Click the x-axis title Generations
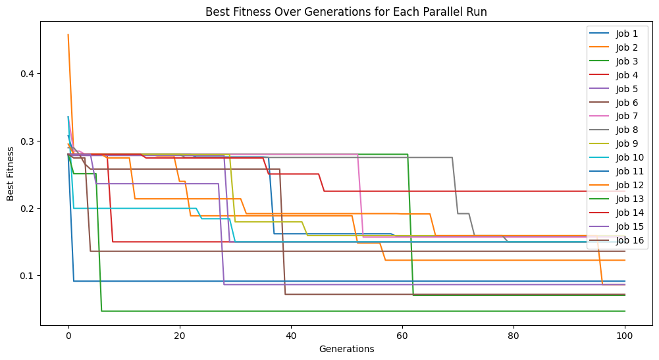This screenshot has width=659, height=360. pos(346,349)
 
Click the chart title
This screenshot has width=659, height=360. pos(346,11)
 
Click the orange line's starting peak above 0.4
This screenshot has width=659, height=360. pos(68,35)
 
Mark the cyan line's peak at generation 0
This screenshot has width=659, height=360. pos(68,117)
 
